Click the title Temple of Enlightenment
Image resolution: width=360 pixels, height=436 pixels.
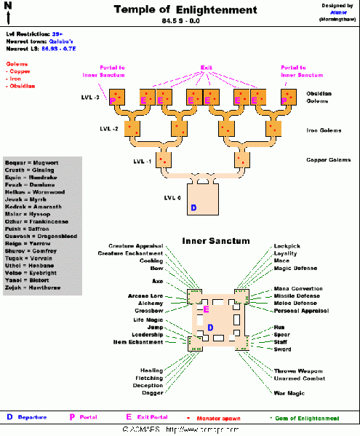[x=185, y=10]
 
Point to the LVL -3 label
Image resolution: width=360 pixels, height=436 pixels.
[x=91, y=97]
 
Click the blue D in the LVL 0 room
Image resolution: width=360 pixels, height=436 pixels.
[x=193, y=208]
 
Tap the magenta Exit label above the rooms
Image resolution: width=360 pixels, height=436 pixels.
[x=206, y=67]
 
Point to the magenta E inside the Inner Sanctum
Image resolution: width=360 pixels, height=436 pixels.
[x=207, y=309]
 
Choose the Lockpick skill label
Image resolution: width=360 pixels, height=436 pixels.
[x=287, y=247]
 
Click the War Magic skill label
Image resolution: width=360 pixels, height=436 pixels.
[x=289, y=393]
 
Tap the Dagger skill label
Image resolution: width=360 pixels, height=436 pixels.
[x=153, y=393]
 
